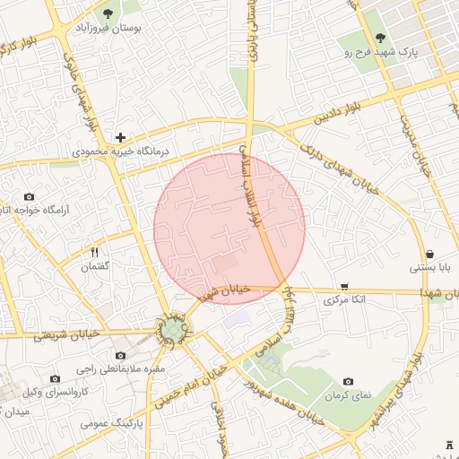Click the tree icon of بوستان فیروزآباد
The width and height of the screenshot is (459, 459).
click(108, 13)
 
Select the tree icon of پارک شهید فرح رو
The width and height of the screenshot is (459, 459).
click(381, 39)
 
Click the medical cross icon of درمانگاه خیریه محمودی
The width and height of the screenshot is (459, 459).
click(120, 137)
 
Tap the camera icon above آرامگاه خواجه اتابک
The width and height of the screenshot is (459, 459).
click(30, 196)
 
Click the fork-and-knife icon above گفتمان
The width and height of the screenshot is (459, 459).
click(95, 252)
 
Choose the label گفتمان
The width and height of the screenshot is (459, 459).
click(95, 267)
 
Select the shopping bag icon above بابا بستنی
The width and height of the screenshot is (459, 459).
click(431, 253)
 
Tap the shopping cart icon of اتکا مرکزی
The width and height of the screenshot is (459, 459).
click(344, 286)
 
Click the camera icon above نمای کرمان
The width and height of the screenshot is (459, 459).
click(348, 381)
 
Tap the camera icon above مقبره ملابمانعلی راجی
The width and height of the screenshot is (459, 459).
click(120, 355)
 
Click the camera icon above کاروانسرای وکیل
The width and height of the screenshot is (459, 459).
click(56, 378)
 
